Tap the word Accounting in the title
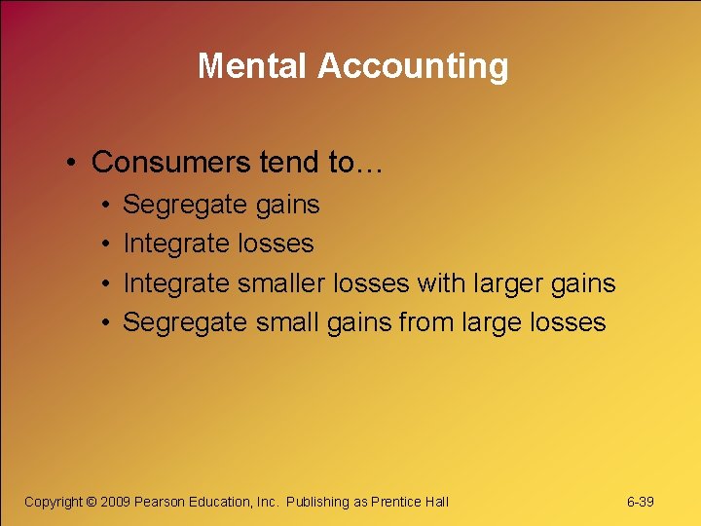pos(413,66)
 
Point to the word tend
pos(291,162)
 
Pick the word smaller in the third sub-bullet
pos(281,282)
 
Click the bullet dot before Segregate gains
pos(103,206)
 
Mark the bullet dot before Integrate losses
pos(103,244)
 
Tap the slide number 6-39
pos(640,502)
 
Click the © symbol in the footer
pos(92,502)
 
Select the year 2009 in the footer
pos(116,502)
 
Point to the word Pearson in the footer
pos(160,502)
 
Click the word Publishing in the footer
pos(317,502)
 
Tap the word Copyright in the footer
pos(53,502)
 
